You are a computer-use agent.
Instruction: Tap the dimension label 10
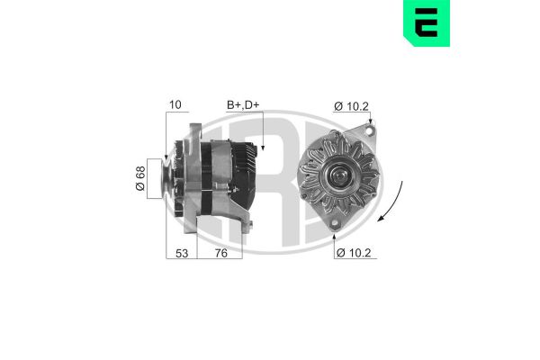(175, 106)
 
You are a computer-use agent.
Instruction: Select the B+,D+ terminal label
(243, 106)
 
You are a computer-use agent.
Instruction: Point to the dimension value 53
(182, 253)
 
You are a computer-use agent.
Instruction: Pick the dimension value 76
(220, 253)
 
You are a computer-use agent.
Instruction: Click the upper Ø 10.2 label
(351, 106)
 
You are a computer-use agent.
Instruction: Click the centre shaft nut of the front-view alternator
(341, 175)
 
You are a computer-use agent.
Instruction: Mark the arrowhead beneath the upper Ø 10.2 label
(369, 125)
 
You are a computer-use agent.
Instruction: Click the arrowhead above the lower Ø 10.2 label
(334, 231)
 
